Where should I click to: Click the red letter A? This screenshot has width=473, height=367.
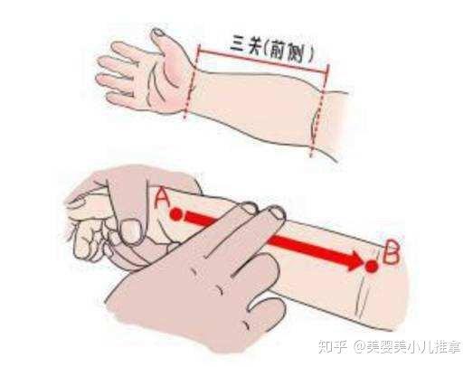(164, 196)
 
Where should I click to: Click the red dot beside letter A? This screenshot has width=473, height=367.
(177, 215)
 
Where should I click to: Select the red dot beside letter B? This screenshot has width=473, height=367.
(371, 265)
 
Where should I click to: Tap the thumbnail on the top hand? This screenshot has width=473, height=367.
(159, 35)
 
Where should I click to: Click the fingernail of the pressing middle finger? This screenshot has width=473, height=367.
(276, 212)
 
